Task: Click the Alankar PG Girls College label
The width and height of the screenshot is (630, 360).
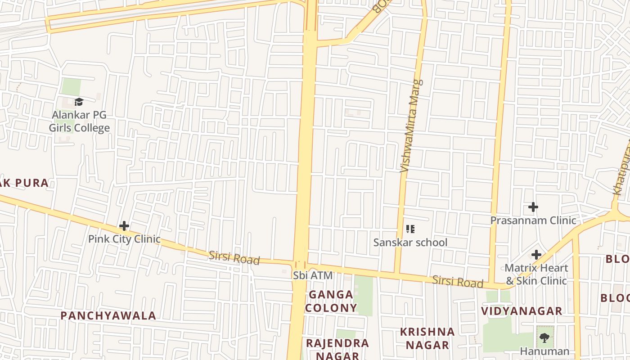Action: pyautogui.click(x=79, y=121)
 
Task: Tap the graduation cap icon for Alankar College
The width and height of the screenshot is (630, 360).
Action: pyautogui.click(x=79, y=102)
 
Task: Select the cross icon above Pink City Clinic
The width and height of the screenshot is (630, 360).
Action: pyautogui.click(x=124, y=226)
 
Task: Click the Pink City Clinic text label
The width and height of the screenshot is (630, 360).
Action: pyautogui.click(x=124, y=239)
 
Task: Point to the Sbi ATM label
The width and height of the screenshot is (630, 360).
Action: pyautogui.click(x=313, y=275)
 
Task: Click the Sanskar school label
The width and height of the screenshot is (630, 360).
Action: pyautogui.click(x=410, y=243)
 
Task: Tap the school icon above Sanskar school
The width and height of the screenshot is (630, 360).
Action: pyautogui.click(x=410, y=229)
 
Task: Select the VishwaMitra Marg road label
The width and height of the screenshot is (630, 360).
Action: pyautogui.click(x=412, y=126)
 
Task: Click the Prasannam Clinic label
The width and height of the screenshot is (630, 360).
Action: pyautogui.click(x=533, y=220)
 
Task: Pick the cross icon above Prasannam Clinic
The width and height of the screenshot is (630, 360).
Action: pyautogui.click(x=533, y=207)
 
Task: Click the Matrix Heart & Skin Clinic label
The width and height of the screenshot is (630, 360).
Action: pyautogui.click(x=536, y=274)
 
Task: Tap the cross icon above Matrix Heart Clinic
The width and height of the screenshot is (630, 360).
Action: pyautogui.click(x=536, y=255)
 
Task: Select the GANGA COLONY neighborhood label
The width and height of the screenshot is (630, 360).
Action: pyautogui.click(x=331, y=301)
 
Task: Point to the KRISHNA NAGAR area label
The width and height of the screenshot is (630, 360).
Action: pyautogui.click(x=427, y=338)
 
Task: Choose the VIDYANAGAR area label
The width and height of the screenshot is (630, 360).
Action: pyautogui.click(x=522, y=311)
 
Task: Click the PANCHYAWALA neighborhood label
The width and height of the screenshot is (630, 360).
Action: pyautogui.click(x=108, y=315)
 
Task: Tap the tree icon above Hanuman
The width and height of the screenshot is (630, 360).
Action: pyautogui.click(x=544, y=337)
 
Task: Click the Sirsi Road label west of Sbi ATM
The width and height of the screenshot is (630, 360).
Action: pyautogui.click(x=234, y=258)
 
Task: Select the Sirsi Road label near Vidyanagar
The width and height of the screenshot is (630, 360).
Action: pyautogui.click(x=458, y=282)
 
